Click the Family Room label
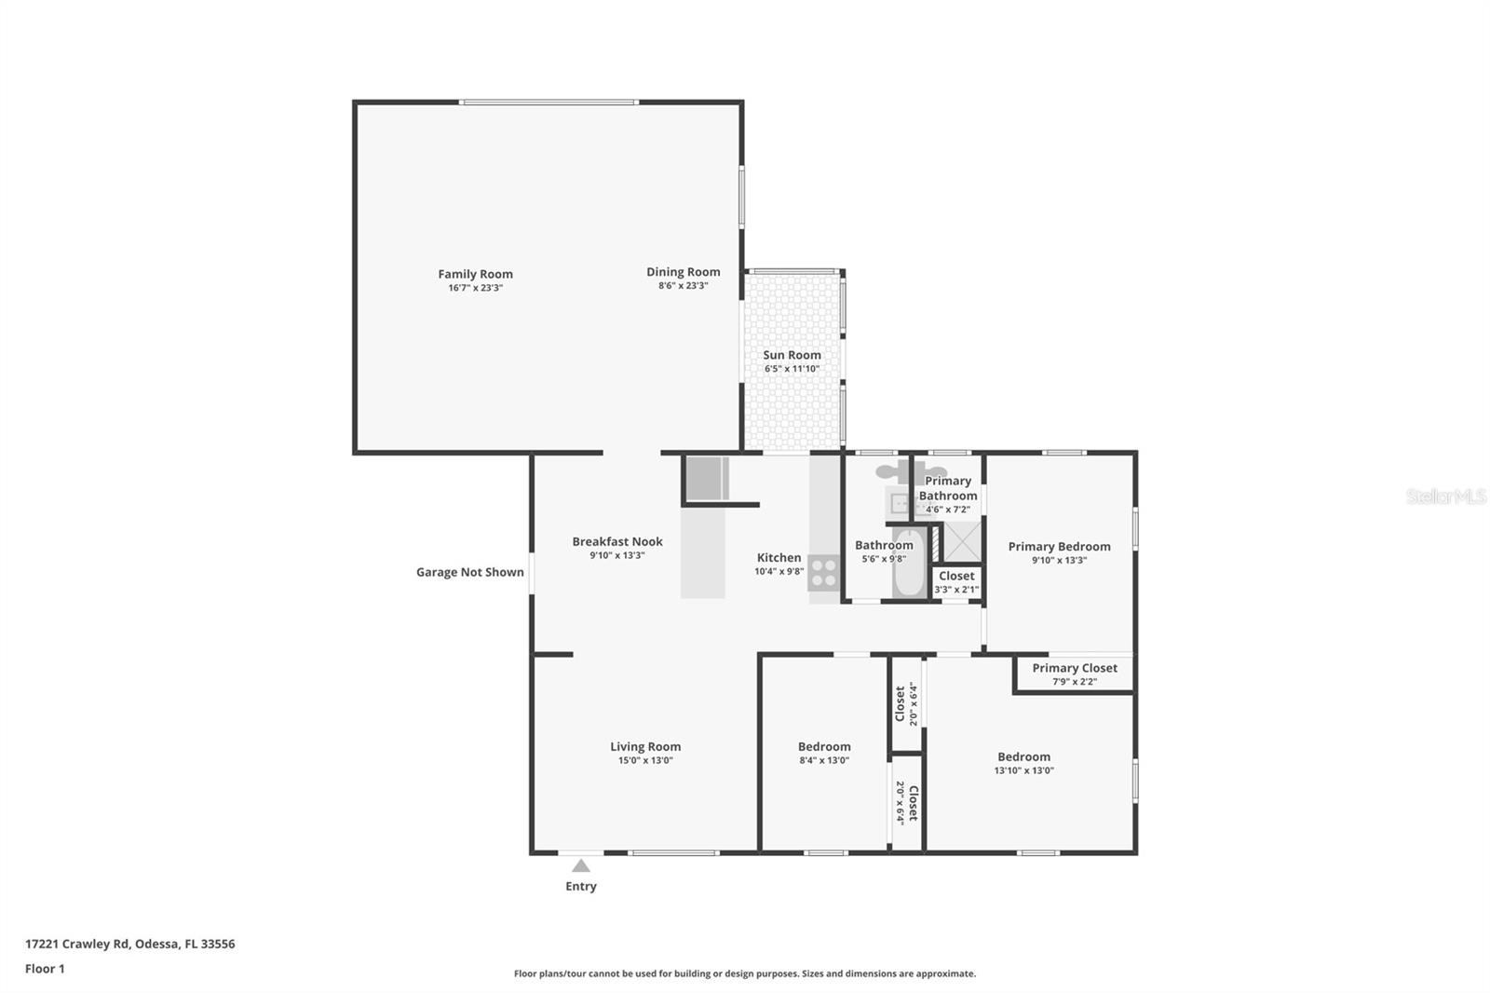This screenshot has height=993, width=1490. tap(475, 274)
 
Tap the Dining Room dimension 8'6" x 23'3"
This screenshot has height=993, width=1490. tap(683, 286)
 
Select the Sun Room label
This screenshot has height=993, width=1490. tap(792, 355)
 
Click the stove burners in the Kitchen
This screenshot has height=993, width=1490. tap(823, 572)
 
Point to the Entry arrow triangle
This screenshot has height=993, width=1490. tap(581, 866)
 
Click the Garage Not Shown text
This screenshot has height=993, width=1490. tap(469, 572)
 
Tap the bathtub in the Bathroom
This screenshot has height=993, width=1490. tap(908, 565)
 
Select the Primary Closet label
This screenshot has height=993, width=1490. tap(1074, 668)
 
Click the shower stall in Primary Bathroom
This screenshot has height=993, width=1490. tap(963, 542)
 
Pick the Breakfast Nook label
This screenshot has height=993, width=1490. tap(616, 541)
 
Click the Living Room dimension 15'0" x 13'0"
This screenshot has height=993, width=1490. tap(645, 760)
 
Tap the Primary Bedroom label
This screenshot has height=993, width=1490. tap(1059, 547)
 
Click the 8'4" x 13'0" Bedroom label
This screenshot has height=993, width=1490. tap(824, 746)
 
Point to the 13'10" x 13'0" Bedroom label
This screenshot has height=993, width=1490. tap(1023, 757)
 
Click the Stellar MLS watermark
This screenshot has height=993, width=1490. tap(1445, 496)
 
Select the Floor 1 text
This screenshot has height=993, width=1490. tap(45, 969)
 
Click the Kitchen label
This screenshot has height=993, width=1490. tap(779, 558)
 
